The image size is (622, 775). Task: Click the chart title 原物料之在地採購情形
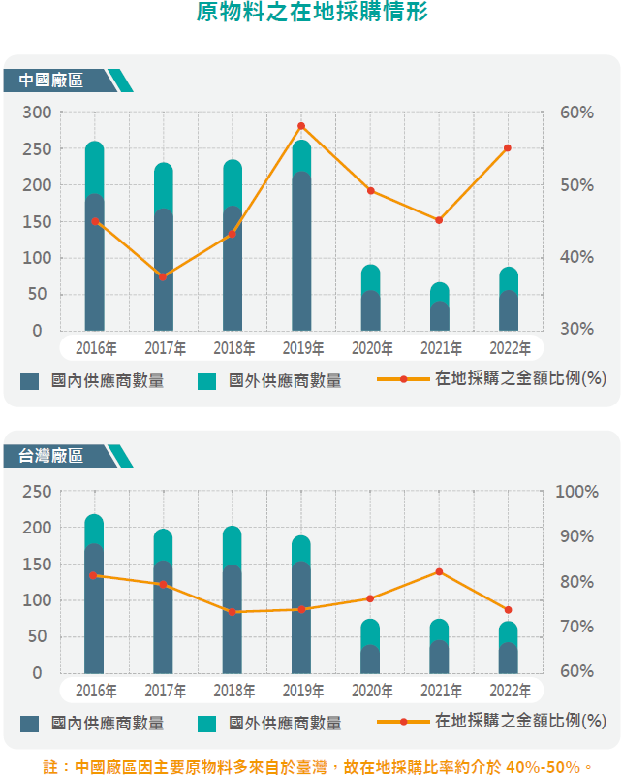[310, 14]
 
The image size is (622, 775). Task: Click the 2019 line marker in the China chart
[301, 126]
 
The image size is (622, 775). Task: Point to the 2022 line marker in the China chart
[508, 148]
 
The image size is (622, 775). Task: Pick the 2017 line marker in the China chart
[163, 276]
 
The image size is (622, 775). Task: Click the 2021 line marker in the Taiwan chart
[439, 571]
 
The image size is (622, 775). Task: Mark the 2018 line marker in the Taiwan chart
[233, 612]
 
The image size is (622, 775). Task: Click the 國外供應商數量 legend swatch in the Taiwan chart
[207, 723]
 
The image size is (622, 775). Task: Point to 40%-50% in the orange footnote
[543, 766]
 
